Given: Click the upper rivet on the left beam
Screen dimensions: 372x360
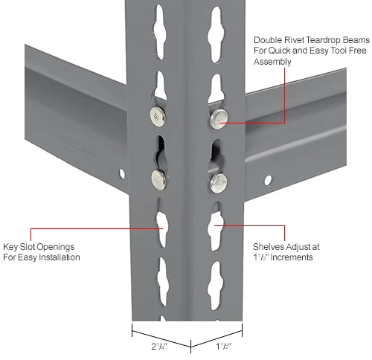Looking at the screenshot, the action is point(158,116).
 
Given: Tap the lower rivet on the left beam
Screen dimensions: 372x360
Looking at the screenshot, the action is point(159,180).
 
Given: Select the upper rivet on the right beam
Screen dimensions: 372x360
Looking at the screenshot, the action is point(219,119).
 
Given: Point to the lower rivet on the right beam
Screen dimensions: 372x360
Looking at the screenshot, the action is point(219,183).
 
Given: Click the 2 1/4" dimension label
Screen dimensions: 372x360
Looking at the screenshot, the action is point(159,347).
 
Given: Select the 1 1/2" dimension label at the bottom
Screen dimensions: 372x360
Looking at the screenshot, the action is point(223,347).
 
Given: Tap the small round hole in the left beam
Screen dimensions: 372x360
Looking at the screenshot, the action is point(122,173).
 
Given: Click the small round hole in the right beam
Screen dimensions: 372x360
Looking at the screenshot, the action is point(268,180).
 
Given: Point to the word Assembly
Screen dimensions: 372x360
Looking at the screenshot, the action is point(272,62).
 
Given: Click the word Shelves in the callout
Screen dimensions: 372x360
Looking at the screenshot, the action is point(269,247).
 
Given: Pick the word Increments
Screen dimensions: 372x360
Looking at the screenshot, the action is point(292,257).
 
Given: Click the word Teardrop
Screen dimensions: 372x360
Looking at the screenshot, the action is point(322,40).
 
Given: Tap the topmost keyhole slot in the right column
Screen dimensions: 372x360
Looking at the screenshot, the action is point(215,34).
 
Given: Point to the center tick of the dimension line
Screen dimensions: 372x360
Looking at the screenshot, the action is point(190,347).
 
